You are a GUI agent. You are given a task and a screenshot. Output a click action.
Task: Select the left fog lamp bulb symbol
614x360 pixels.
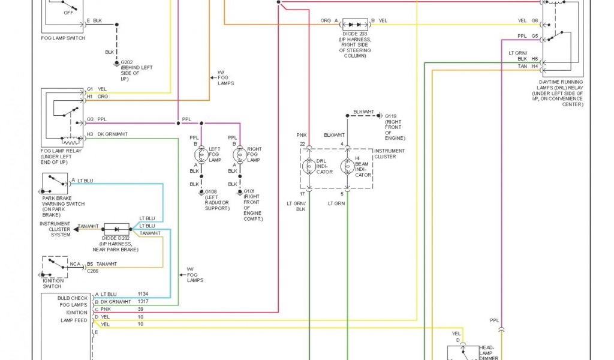pyautogui.click(x=201, y=154)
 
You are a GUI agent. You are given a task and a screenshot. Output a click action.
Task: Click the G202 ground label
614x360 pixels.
pyautogui.click(x=127, y=62)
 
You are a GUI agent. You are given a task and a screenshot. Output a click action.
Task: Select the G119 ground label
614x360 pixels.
pyautogui.click(x=391, y=116)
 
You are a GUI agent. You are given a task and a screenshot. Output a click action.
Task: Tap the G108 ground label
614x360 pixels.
pyautogui.click(x=211, y=192)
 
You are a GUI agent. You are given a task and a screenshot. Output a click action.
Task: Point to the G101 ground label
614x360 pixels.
pyautogui.click(x=249, y=192)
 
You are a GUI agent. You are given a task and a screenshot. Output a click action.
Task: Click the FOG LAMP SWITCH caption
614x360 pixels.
pyautogui.click(x=63, y=38)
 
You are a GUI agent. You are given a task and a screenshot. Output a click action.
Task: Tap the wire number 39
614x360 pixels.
pyautogui.click(x=140, y=309)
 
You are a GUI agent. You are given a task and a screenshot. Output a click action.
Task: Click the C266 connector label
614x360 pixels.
pyautogui.click(x=92, y=271)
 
